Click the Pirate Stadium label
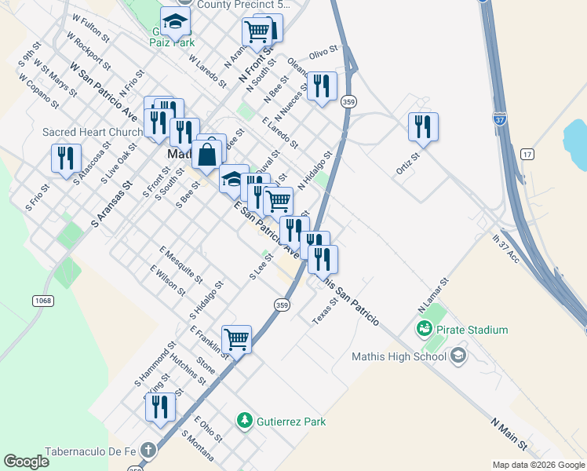click(472, 330)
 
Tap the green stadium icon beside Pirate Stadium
click(425, 329)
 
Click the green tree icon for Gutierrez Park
click(246, 422)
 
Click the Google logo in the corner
click(26, 462)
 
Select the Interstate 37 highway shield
click(500, 119)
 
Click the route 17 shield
click(527, 154)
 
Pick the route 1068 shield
click(43, 300)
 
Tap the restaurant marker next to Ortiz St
click(423, 126)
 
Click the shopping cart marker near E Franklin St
click(236, 339)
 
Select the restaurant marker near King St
click(160, 407)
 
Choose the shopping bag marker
click(206, 155)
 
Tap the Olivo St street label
click(323, 53)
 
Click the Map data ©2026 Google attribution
click(538, 464)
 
